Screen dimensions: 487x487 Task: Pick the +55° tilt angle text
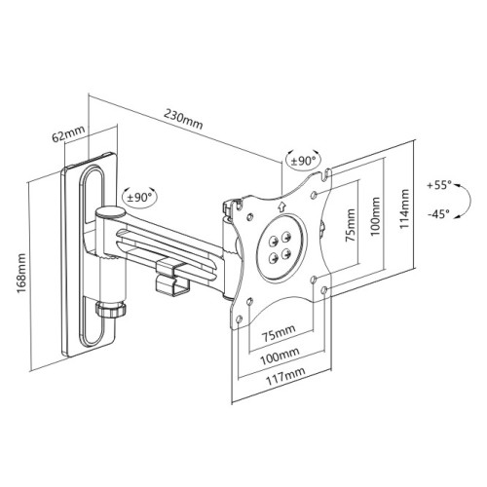coord(438,183)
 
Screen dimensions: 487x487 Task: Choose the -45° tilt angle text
coord(438,215)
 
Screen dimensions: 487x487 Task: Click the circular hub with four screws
coord(280,244)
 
